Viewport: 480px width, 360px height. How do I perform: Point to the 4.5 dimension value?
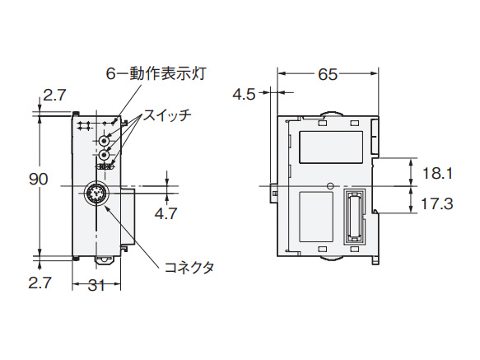[x=244, y=94]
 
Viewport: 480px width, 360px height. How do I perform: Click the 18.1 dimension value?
[x=437, y=173]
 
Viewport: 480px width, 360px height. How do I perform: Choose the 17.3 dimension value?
[x=437, y=202]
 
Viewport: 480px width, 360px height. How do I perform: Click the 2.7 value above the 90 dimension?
[x=54, y=96]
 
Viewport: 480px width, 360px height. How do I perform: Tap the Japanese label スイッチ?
[x=168, y=115]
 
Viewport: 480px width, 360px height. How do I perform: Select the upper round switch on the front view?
[x=105, y=141]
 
